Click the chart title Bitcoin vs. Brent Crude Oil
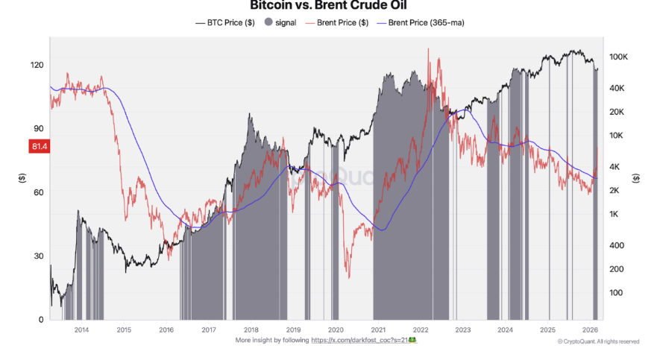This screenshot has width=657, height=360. pos(328,5)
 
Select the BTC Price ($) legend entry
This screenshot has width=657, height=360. pos(227,22)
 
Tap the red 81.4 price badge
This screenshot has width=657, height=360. pos(40,147)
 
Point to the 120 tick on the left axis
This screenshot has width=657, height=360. pos(37,65)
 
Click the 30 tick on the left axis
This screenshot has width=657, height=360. pos(39,256)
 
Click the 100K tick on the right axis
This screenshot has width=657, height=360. pos(620,57)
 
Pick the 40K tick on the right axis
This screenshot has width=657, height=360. pos(619,89)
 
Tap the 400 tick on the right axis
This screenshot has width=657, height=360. pos(617,245)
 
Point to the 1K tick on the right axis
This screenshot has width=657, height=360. pos(616,215)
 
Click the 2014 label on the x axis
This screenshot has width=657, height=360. pos(81,330)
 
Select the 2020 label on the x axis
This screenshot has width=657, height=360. pos(336,330)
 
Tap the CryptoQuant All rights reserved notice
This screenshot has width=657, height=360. pos(598,341)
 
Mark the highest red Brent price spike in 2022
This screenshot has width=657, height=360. pos(428,49)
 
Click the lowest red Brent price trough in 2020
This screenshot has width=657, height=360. pos(348,277)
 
